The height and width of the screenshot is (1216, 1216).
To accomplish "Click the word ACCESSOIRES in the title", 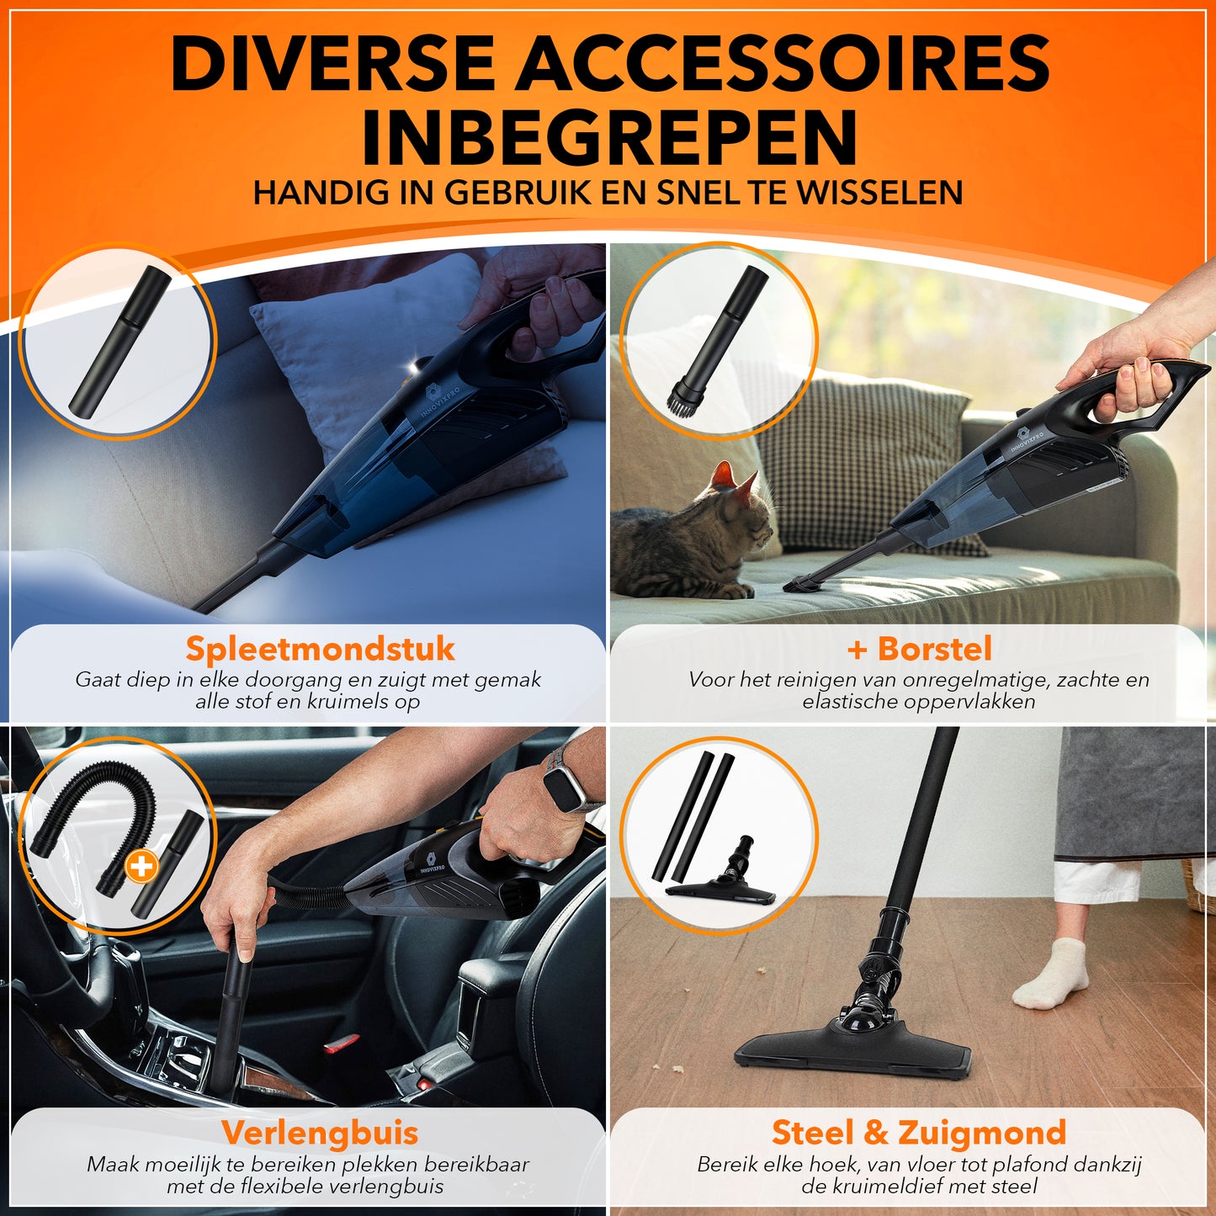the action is pyautogui.click(x=783, y=65).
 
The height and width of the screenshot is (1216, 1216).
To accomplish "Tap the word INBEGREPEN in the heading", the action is pyautogui.click(x=609, y=137).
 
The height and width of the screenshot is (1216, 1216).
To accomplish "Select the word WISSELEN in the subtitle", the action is pyautogui.click(x=879, y=193).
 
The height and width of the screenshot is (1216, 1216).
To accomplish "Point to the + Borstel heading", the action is pyautogui.click(x=920, y=648).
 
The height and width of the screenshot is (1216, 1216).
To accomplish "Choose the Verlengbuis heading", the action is pyautogui.click(x=319, y=1133).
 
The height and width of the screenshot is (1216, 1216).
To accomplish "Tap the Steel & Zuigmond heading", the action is pyautogui.click(x=919, y=1132).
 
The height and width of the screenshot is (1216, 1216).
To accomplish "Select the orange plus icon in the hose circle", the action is pyautogui.click(x=141, y=867).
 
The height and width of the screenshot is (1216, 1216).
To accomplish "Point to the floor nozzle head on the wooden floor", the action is pyautogui.click(x=852, y=1051).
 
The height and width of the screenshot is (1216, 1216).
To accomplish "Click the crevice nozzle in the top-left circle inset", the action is pyautogui.click(x=119, y=341).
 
